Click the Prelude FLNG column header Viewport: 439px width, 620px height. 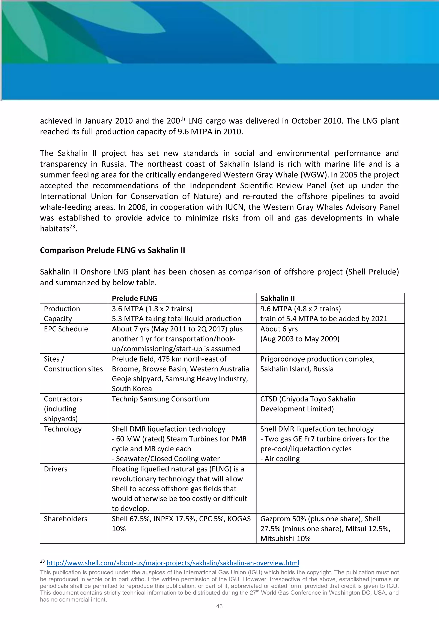(x=134, y=298)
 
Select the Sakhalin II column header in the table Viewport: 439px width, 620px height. (x=277, y=298)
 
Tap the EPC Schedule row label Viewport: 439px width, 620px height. (x=66, y=329)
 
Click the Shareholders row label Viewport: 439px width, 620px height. (x=65, y=519)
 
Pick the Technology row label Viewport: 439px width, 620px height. (x=63, y=429)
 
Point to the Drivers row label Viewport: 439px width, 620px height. (x=56, y=469)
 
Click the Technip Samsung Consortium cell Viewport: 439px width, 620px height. (x=161, y=399)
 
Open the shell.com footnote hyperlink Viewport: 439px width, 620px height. (x=173, y=563)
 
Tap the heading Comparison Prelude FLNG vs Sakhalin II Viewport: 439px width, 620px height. (x=113, y=250)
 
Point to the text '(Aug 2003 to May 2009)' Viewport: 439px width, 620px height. (x=300, y=339)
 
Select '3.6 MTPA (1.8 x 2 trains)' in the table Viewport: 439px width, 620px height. (x=152, y=309)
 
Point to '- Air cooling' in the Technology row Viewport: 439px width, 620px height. (x=280, y=459)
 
